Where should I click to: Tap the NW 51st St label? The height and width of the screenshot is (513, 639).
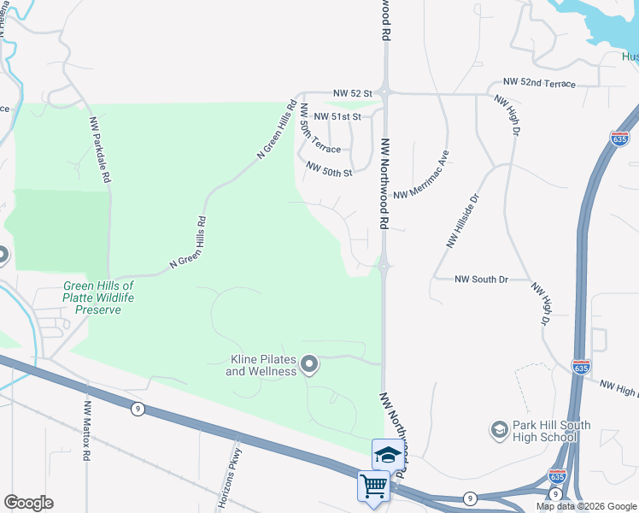[x=337, y=116]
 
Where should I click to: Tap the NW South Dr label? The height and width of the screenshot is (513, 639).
[x=481, y=279]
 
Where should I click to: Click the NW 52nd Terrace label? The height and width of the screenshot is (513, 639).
[x=539, y=83]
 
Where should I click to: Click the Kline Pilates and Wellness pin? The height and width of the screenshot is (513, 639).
[x=310, y=366]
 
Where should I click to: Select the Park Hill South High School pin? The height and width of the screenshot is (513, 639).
[x=500, y=427]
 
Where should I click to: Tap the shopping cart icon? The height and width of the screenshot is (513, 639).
[x=373, y=486]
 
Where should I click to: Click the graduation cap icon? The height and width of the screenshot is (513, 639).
[x=388, y=454]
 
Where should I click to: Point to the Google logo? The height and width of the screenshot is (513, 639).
[x=28, y=503]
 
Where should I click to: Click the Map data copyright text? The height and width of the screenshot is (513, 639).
[x=587, y=506]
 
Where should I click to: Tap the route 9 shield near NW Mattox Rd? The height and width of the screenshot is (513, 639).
[x=137, y=409]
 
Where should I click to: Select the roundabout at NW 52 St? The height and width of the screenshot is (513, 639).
[x=385, y=91]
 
